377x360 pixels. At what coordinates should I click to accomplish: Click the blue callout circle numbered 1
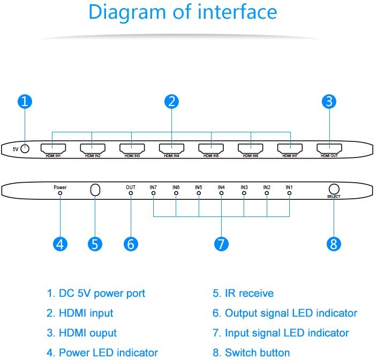pyautogui.click(x=25, y=101)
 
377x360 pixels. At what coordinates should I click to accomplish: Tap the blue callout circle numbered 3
pyautogui.click(x=329, y=101)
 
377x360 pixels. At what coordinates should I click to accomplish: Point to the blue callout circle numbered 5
pyautogui.click(x=95, y=243)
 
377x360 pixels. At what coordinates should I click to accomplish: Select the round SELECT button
pyautogui.click(x=334, y=189)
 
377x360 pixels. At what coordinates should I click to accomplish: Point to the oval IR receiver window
pyautogui.click(x=95, y=190)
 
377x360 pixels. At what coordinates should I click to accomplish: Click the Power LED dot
pyautogui.click(x=60, y=193)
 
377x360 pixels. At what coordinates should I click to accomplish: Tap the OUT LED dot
pyautogui.click(x=131, y=193)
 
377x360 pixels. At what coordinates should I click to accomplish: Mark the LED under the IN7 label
pyautogui.click(x=153, y=193)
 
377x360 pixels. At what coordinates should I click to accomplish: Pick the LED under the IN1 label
pyautogui.click(x=289, y=193)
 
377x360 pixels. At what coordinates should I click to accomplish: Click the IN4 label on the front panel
pyautogui.click(x=221, y=187)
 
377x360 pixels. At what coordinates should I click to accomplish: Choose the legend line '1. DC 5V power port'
pyautogui.click(x=96, y=293)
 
